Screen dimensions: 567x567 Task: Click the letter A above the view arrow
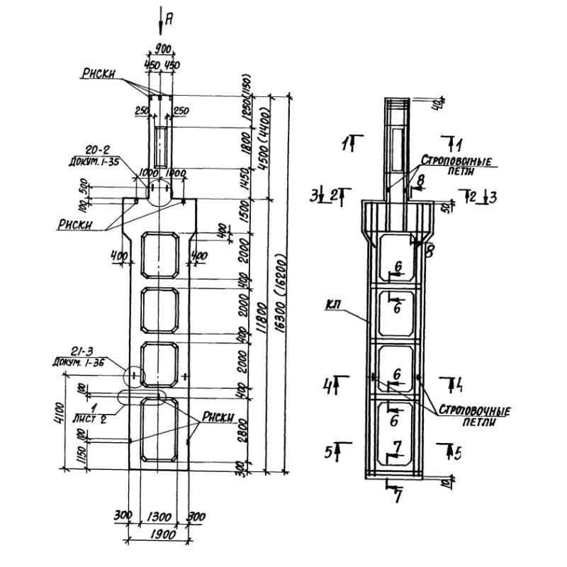tap(168, 19)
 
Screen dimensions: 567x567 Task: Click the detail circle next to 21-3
tap(133, 374)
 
